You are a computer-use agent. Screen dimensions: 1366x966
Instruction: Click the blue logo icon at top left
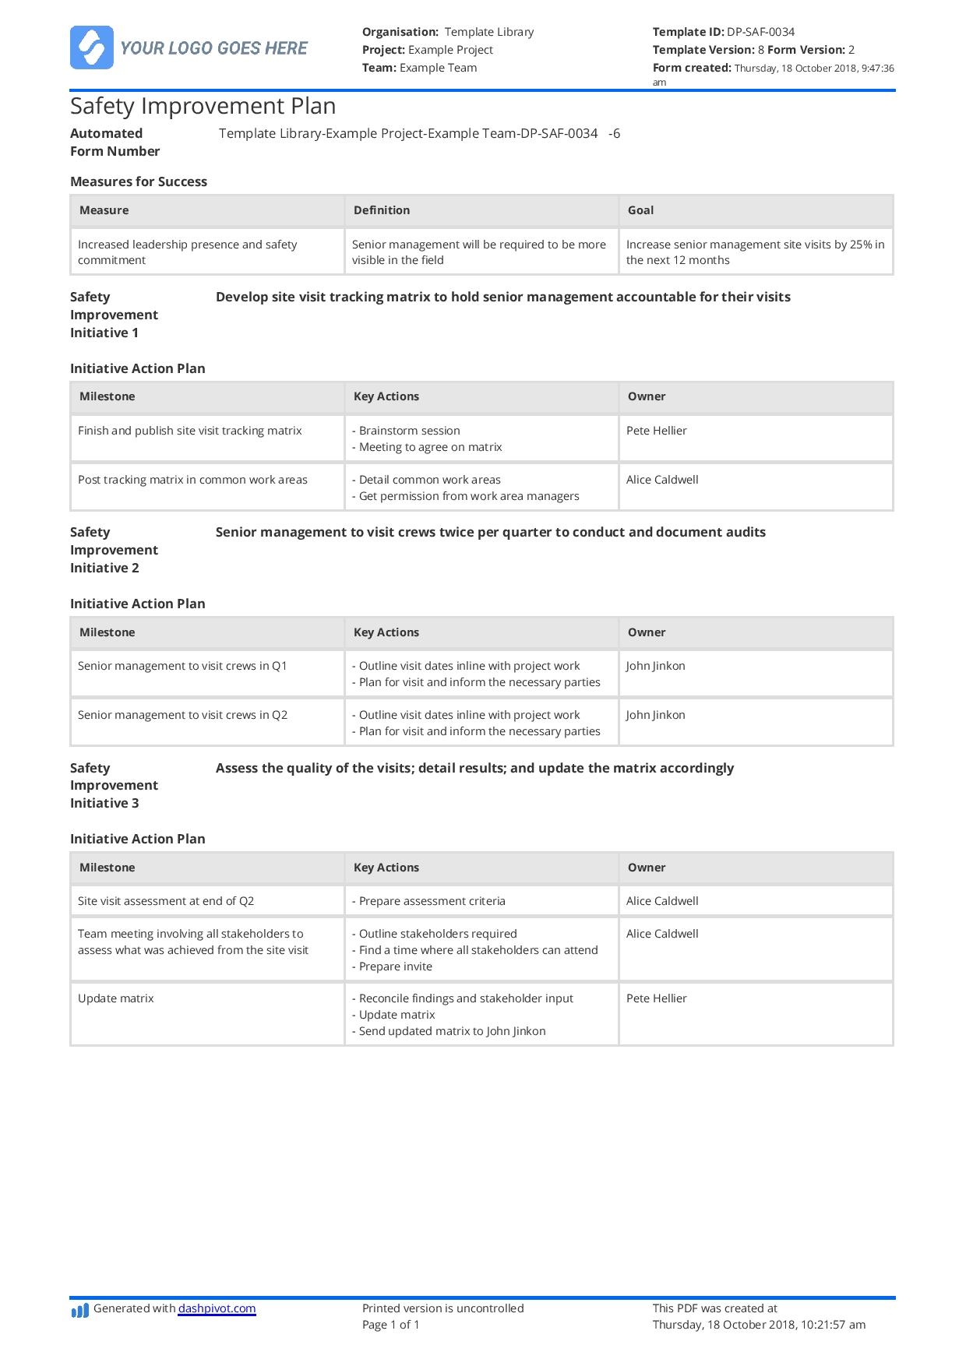pyautogui.click(x=91, y=48)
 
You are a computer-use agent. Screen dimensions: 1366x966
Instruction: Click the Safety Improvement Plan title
pyautogui.click(x=203, y=106)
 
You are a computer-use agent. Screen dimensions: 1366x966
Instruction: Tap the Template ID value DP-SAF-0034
pyautogui.click(x=760, y=32)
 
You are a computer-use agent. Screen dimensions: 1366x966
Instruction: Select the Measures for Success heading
pyautogui.click(x=139, y=181)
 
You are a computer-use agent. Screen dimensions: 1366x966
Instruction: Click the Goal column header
pyautogui.click(x=640, y=210)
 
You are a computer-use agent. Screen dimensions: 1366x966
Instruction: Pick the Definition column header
pyautogui.click(x=381, y=210)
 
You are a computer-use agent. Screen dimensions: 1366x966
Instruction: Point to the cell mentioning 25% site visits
pyautogui.click(x=755, y=252)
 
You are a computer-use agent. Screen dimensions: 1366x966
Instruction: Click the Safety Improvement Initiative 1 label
pyautogui.click(x=114, y=315)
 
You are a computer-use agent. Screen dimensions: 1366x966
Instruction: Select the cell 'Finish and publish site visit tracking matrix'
pyautogui.click(x=189, y=431)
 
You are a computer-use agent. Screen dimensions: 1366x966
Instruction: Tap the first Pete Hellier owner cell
pyautogui.click(x=656, y=431)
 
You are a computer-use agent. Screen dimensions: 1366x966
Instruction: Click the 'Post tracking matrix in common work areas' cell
pyautogui.click(x=192, y=480)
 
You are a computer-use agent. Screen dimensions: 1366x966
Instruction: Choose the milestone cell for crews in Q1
pyautogui.click(x=182, y=666)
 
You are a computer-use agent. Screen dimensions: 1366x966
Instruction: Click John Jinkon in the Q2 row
pyautogui.click(x=655, y=715)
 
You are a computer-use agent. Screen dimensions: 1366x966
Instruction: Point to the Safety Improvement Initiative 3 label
pyautogui.click(x=114, y=785)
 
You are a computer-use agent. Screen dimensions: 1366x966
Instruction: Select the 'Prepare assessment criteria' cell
pyautogui.click(x=432, y=901)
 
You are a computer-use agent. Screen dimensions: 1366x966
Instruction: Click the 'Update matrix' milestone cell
pyautogui.click(x=116, y=998)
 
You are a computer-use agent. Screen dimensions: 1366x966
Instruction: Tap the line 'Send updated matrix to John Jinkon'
pyautogui.click(x=452, y=1031)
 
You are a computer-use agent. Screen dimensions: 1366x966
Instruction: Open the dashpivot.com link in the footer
pyautogui.click(x=217, y=1308)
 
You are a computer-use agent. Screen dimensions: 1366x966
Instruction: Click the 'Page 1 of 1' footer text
pyautogui.click(x=390, y=1325)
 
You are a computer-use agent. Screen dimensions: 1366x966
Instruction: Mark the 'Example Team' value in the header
pyautogui.click(x=438, y=68)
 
